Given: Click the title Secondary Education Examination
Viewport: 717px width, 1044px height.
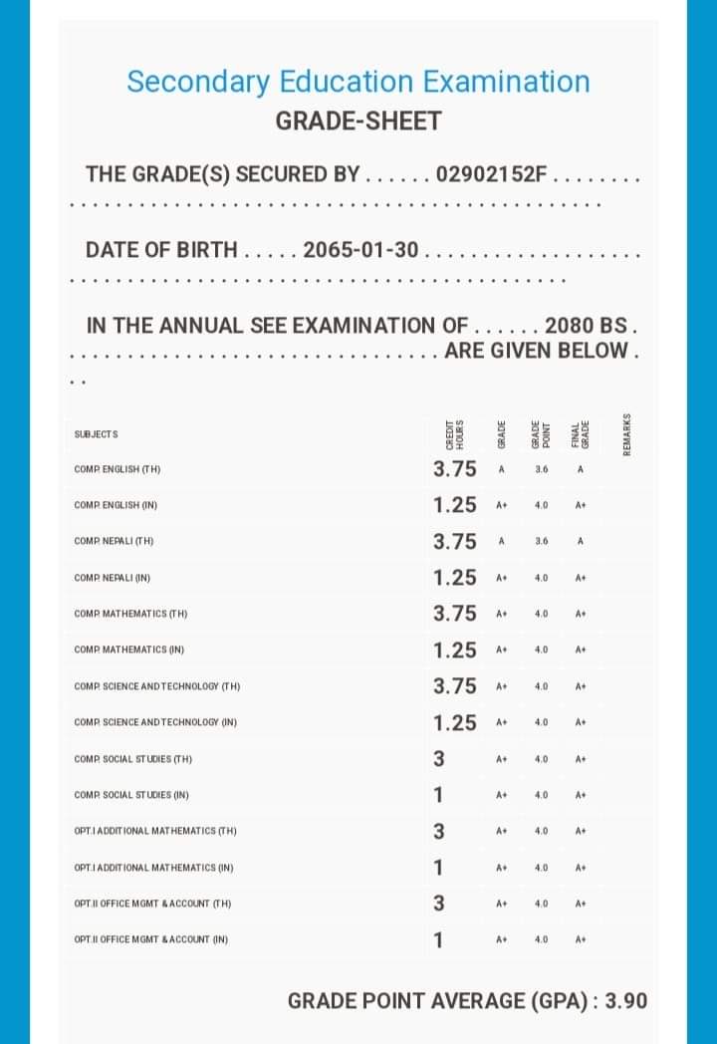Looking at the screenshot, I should [358, 82].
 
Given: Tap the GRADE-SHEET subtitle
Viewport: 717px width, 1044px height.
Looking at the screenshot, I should [358, 122].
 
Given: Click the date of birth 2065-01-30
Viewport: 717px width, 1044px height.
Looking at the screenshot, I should [360, 249].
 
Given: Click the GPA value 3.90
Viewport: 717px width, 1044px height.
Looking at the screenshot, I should [625, 1000].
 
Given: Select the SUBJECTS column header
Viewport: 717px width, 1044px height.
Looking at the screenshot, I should [97, 434].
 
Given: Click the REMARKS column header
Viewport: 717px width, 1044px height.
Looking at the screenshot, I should [626, 434].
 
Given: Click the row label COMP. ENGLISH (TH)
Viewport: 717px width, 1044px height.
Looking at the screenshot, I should [118, 469].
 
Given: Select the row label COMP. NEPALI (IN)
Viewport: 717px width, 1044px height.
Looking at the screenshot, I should [113, 578].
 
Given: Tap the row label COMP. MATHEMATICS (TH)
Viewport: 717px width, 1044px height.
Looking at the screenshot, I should [130, 614].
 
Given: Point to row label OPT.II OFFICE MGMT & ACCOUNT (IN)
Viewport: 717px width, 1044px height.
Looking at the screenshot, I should [151, 939].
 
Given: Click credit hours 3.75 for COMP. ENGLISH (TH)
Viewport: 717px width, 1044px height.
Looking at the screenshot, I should [455, 469].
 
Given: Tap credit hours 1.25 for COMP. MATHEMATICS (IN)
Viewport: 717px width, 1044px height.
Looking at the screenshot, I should [455, 651].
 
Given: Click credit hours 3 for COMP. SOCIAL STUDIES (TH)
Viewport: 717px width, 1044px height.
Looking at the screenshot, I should [438, 759].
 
